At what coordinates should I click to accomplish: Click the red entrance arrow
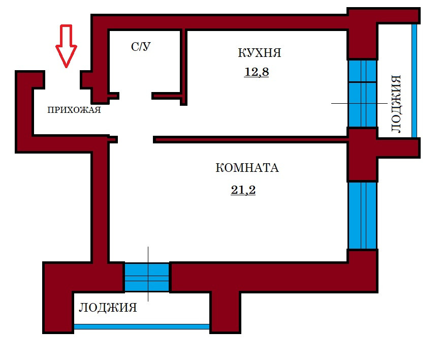click(66, 46)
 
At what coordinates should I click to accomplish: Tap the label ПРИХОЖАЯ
click(74, 110)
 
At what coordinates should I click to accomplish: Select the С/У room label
click(141, 47)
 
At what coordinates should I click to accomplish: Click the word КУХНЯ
click(260, 53)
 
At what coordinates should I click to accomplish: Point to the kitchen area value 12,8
click(257, 72)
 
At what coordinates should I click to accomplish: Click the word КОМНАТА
click(247, 168)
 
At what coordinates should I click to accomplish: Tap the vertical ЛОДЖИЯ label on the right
click(396, 104)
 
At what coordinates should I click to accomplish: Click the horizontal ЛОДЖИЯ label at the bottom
click(108, 308)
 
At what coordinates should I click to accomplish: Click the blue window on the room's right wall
click(362, 215)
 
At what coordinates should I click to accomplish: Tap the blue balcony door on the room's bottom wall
click(147, 277)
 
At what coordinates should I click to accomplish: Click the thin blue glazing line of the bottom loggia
click(142, 326)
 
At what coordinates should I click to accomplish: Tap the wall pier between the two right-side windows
click(362, 155)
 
